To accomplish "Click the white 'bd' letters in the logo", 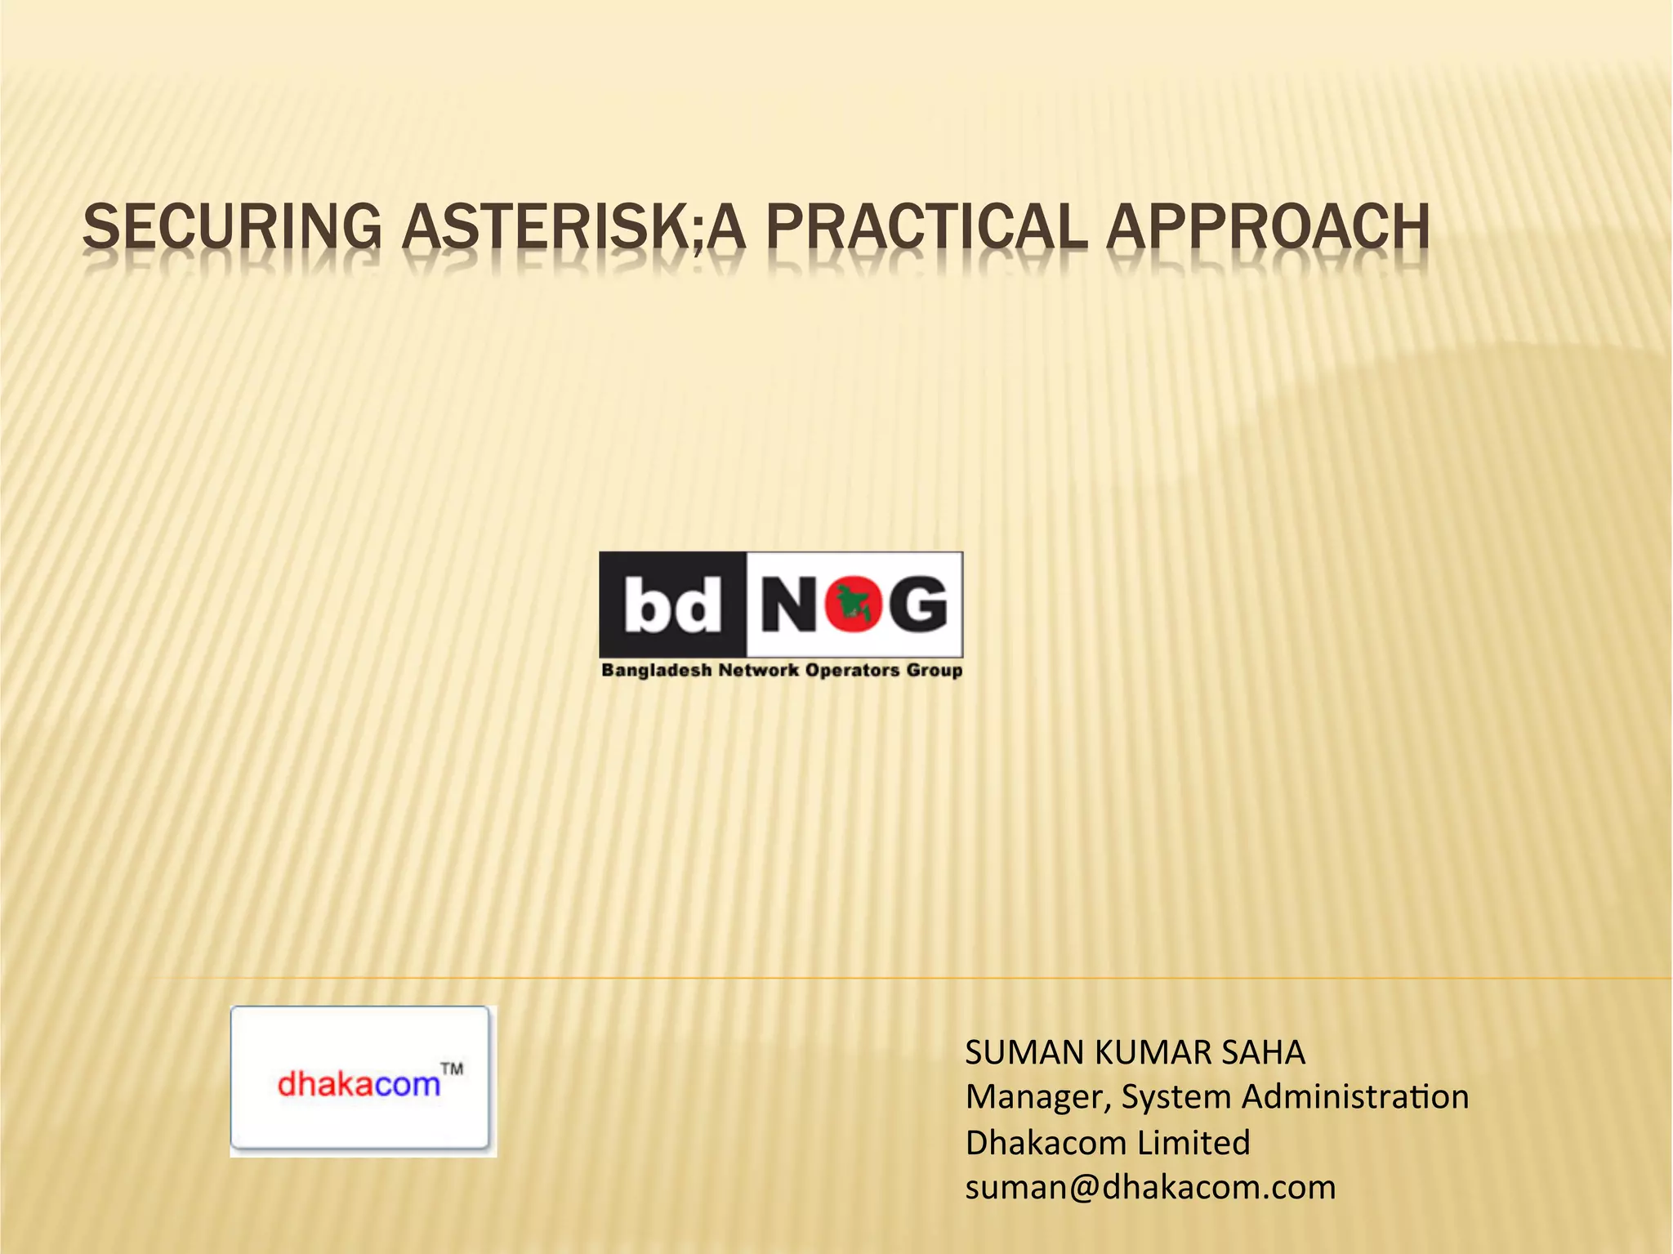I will coord(672,605).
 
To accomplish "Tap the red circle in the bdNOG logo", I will coord(853,605).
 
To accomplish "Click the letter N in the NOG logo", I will coord(791,605).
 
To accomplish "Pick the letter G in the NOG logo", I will coord(917,605).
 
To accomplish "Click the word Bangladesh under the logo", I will coord(656,671).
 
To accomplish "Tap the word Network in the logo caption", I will coord(759,671).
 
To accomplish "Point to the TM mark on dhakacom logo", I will coord(452,1069).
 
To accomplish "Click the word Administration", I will coord(1352,1097).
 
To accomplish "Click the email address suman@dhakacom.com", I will coord(1150,1187).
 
